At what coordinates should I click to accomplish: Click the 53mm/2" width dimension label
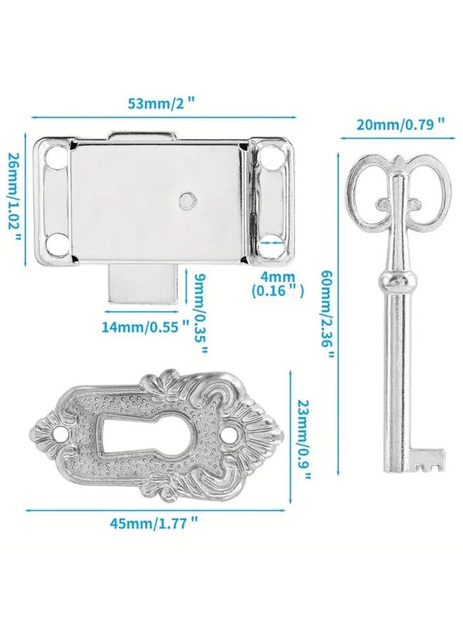pos(161,103)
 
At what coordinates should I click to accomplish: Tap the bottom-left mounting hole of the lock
pos(56,246)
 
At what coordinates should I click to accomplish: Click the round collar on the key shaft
pos(397,281)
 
